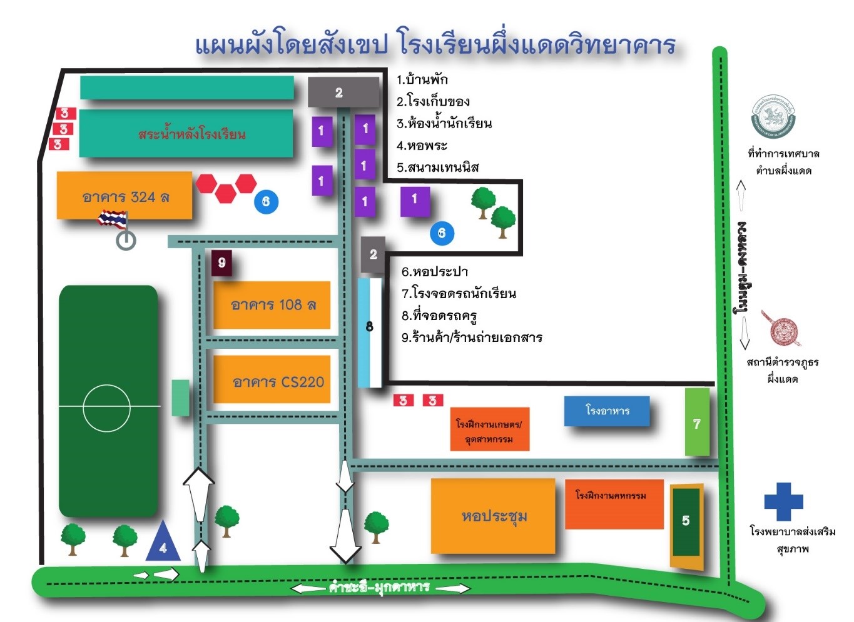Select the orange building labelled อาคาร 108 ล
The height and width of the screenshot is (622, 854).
pos(272,305)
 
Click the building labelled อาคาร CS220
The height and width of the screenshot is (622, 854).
pos(272,380)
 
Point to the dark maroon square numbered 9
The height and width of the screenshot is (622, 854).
pos(221,263)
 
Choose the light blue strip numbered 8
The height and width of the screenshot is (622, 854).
pos(370,332)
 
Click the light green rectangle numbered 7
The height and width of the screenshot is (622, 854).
pos(697,423)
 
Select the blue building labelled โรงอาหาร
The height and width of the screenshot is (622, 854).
pos(607,411)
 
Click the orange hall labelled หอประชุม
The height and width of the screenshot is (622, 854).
pos(493,516)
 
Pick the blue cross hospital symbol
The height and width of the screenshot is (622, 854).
pos(783,501)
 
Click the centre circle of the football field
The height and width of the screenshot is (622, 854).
pos(106,408)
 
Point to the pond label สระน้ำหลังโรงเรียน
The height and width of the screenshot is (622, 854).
pos(191,134)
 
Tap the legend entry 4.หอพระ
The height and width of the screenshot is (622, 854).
pos(422,146)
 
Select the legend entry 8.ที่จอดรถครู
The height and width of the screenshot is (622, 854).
pos(440,316)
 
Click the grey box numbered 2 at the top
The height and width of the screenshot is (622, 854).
pos(343,93)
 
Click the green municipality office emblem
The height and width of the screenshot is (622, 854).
pos(773,117)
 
